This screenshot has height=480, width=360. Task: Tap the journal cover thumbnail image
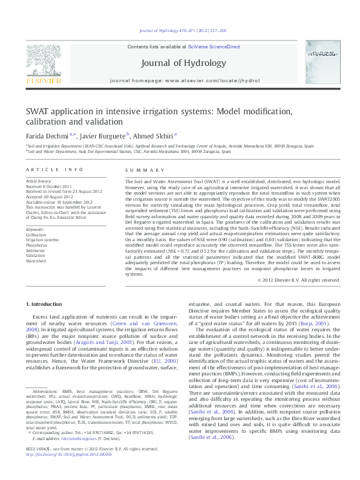[x=321, y=62]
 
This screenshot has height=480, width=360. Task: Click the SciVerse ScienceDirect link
[x=214, y=47]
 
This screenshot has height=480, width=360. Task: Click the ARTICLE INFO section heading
[x=55, y=169]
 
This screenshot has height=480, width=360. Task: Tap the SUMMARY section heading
[x=137, y=169]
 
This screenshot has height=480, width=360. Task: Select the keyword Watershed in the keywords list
[x=36, y=261]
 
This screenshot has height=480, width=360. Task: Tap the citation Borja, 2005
[x=315, y=324]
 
